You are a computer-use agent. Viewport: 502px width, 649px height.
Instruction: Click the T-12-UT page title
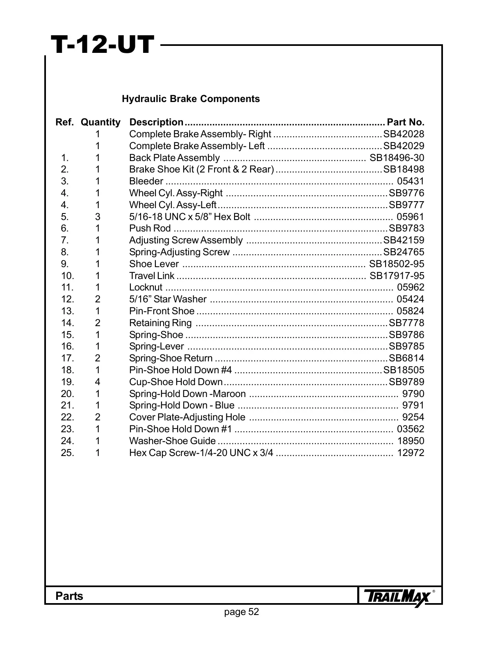[102, 45]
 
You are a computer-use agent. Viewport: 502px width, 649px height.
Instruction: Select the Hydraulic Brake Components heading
[191, 99]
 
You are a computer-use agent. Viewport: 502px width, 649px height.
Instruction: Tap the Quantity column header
[100, 123]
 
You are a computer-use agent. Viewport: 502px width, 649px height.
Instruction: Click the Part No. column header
[406, 123]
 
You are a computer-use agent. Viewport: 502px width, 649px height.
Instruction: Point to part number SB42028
[404, 134]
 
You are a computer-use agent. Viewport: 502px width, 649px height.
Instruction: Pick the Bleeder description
[146, 182]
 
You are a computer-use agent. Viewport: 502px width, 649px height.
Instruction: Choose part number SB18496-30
[397, 158]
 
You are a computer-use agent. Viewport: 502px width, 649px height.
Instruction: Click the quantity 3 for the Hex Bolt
[98, 217]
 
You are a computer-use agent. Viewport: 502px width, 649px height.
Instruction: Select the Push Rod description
[150, 229]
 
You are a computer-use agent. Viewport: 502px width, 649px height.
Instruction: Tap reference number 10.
[67, 276]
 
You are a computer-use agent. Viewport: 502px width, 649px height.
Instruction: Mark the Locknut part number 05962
[411, 288]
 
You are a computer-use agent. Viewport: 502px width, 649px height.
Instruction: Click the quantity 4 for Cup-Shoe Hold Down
[98, 382]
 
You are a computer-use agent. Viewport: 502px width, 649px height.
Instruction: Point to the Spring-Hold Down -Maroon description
[187, 394]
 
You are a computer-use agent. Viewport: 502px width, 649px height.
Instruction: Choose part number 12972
[411, 453]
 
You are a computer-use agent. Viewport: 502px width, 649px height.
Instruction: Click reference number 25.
[67, 453]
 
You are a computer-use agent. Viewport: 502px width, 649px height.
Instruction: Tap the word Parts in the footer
[69, 597]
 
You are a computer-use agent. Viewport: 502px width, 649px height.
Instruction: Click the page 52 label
[242, 612]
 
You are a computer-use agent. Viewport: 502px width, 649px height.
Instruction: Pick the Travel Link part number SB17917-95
[397, 276]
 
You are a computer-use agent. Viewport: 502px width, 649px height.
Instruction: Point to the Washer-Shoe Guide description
[172, 441]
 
